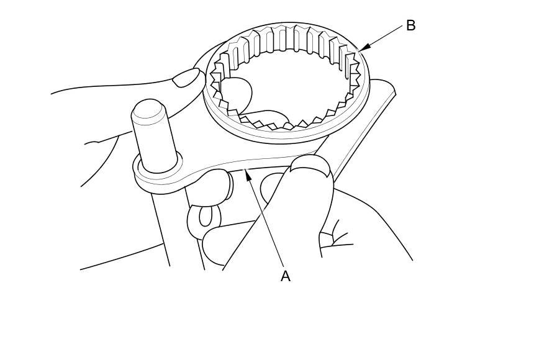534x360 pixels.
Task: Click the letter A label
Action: point(285,276)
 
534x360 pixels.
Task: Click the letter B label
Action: point(410,25)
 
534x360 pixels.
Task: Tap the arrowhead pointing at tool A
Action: point(248,176)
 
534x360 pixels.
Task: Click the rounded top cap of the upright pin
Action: point(148,110)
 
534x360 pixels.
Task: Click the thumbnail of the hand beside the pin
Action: point(188,78)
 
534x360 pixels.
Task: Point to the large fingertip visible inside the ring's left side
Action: point(237,94)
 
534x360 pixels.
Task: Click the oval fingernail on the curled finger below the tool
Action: point(209,215)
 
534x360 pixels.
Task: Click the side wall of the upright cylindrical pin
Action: point(152,143)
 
